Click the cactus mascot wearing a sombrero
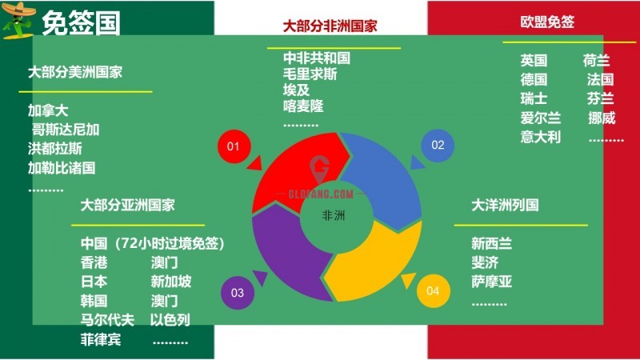click(18, 21)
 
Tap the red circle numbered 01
click(234, 146)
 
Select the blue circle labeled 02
click(438, 146)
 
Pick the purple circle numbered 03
click(238, 293)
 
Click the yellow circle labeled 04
click(433, 291)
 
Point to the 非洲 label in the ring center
click(334, 215)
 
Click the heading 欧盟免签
click(547, 22)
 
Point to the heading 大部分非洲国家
click(330, 26)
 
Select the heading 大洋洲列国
click(505, 205)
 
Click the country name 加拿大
click(48, 110)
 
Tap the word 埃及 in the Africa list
click(296, 90)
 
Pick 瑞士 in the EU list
click(534, 98)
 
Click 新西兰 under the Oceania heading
click(491, 244)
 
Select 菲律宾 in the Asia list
click(101, 339)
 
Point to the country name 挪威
click(602, 118)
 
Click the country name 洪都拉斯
click(54, 149)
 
